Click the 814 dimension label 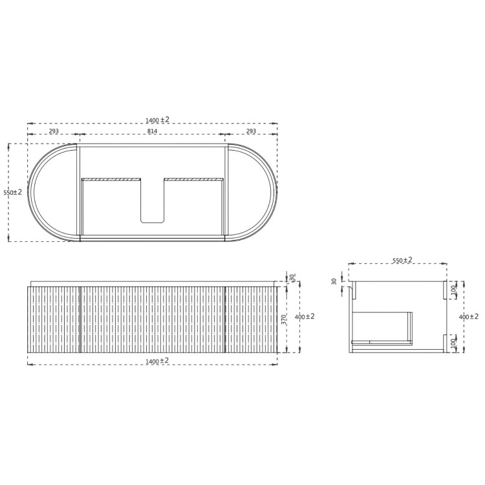[152, 131]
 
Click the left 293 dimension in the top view [54, 131]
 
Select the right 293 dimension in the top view [251, 131]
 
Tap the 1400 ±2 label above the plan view [157, 120]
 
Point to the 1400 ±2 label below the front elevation [157, 361]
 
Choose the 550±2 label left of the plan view [13, 192]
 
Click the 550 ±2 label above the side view [402, 260]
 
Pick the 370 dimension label [284, 319]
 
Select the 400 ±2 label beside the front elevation [305, 316]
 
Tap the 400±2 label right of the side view [469, 316]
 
